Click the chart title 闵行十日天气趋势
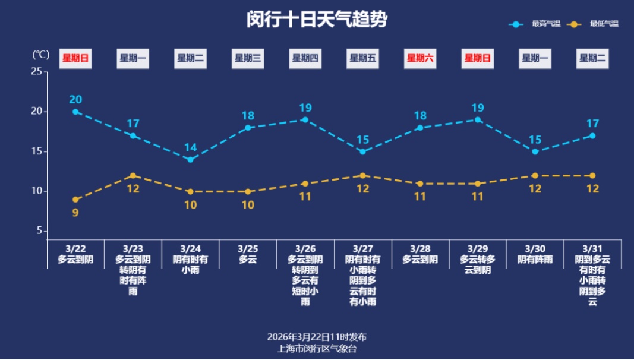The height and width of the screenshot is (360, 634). pyautogui.click(x=317, y=20)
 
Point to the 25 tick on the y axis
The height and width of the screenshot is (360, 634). pyautogui.click(x=37, y=71)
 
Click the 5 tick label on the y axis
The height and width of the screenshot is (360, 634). pyautogui.click(x=39, y=231)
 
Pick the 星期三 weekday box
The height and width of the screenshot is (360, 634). pyautogui.click(x=248, y=58)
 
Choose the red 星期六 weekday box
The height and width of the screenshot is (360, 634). pyautogui.click(x=420, y=58)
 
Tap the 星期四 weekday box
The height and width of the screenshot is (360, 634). pyautogui.click(x=305, y=58)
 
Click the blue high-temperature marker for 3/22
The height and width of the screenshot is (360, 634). pyautogui.click(x=75, y=112)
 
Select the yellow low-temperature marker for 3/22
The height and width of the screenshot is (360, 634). pyautogui.click(x=75, y=200)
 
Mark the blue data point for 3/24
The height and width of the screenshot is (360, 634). pyautogui.click(x=190, y=160)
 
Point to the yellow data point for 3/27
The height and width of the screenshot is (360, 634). pyautogui.click(x=362, y=175)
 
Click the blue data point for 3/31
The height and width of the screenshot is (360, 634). pyautogui.click(x=592, y=135)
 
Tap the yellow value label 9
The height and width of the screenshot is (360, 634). pyautogui.click(x=75, y=212)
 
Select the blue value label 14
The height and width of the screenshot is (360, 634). pyautogui.click(x=190, y=147)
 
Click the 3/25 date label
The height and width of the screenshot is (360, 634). pyautogui.click(x=248, y=248)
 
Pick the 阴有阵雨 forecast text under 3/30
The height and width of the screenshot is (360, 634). pyautogui.click(x=535, y=260)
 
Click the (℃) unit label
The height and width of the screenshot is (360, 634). pyautogui.click(x=41, y=55)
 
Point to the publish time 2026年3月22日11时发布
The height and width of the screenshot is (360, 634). pyautogui.click(x=317, y=337)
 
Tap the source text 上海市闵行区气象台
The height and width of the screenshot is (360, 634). pyautogui.click(x=317, y=349)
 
